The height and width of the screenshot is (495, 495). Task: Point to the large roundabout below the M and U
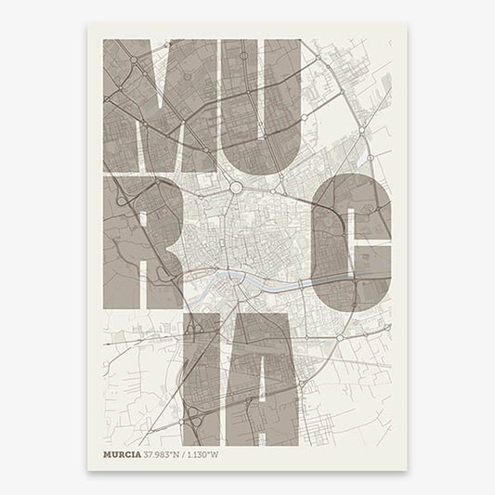coord(236,187)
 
